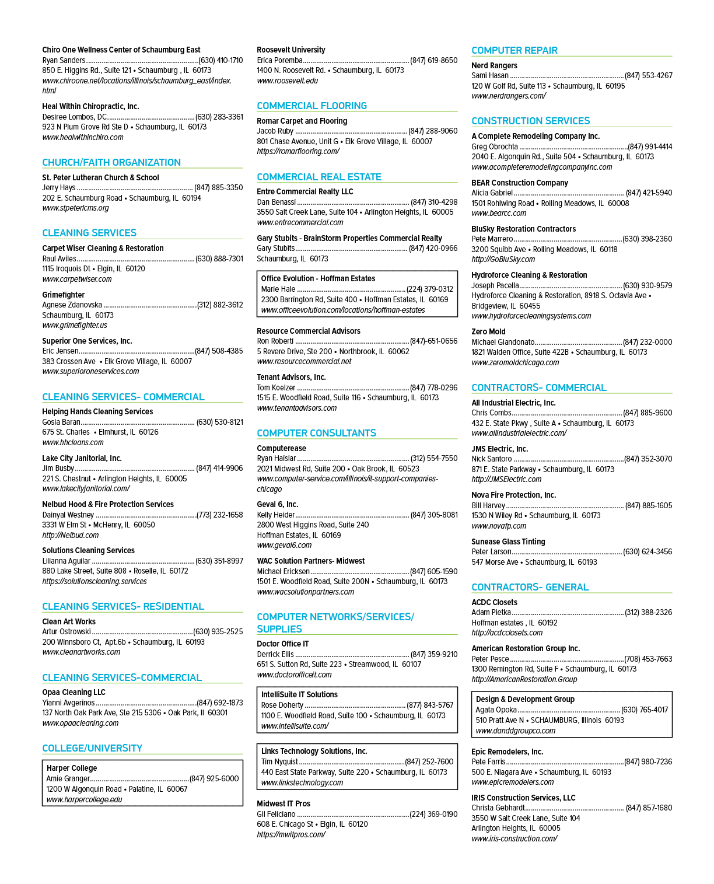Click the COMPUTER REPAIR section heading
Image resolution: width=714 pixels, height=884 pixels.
pos(514,50)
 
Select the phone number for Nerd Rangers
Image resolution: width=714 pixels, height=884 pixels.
pos(649,75)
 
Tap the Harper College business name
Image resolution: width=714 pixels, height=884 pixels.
pos(72,768)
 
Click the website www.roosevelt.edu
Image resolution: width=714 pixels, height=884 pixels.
pos(287,81)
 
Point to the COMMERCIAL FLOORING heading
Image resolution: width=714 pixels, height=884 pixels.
pos(311,106)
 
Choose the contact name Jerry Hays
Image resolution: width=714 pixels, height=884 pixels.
pos(58,187)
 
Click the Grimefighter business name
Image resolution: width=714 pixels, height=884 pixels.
pos(63,295)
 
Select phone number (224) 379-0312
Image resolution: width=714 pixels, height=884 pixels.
pos(429,289)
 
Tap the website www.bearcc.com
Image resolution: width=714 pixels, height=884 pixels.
pos(499,214)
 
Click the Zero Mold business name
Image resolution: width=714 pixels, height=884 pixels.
pos(488,331)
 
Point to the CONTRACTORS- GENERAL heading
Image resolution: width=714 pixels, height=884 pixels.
pos(530,587)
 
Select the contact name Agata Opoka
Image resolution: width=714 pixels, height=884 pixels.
pos(496,710)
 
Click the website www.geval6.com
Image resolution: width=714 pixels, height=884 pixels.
pos(283,546)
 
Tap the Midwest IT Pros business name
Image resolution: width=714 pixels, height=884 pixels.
pos(283,803)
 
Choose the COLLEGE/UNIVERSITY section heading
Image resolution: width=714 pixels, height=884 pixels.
pos(92,748)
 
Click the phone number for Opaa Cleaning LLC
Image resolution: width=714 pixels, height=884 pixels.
pos(220,703)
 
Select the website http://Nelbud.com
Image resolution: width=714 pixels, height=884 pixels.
pos(70,536)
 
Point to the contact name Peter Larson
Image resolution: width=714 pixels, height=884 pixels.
pos(491,551)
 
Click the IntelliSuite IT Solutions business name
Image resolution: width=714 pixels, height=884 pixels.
pos(299,694)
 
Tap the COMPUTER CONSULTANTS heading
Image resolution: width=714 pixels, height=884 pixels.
pos(316,434)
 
